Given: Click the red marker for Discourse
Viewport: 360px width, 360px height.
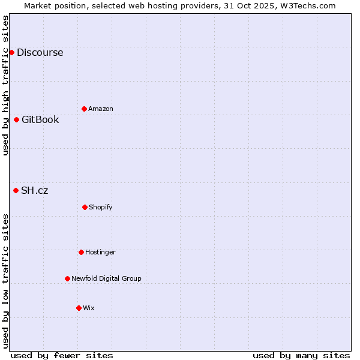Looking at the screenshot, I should (11, 52).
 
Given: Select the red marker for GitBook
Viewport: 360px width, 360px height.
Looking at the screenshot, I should (16, 119).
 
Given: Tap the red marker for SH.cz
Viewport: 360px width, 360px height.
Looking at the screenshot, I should (16, 190).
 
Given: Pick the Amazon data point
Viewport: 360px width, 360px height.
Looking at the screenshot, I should (84, 109).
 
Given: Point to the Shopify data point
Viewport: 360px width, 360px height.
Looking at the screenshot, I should (85, 207).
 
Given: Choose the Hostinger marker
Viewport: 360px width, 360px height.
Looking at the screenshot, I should (81, 252).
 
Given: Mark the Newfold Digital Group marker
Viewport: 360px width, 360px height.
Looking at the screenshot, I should (67, 278).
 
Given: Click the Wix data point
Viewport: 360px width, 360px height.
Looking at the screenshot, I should (79, 308).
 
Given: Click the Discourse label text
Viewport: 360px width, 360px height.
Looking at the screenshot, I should (40, 52).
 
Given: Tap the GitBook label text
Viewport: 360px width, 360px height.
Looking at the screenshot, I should (40, 119).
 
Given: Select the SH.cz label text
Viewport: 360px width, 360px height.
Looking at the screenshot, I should (34, 190).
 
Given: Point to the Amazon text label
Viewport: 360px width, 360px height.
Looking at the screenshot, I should (101, 109).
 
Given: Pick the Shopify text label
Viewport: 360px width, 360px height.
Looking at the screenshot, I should (101, 207).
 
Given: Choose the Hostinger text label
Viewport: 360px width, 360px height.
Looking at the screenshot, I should (100, 252).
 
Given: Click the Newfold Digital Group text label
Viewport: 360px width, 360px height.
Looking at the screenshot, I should (106, 278).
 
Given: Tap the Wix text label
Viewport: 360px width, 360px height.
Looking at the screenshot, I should (89, 308).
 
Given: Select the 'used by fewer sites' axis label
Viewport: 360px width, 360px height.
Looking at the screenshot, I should (61, 355).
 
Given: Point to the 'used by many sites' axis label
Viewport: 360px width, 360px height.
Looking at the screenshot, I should (301, 355).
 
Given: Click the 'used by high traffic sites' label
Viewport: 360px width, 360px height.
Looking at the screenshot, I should (5, 85).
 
